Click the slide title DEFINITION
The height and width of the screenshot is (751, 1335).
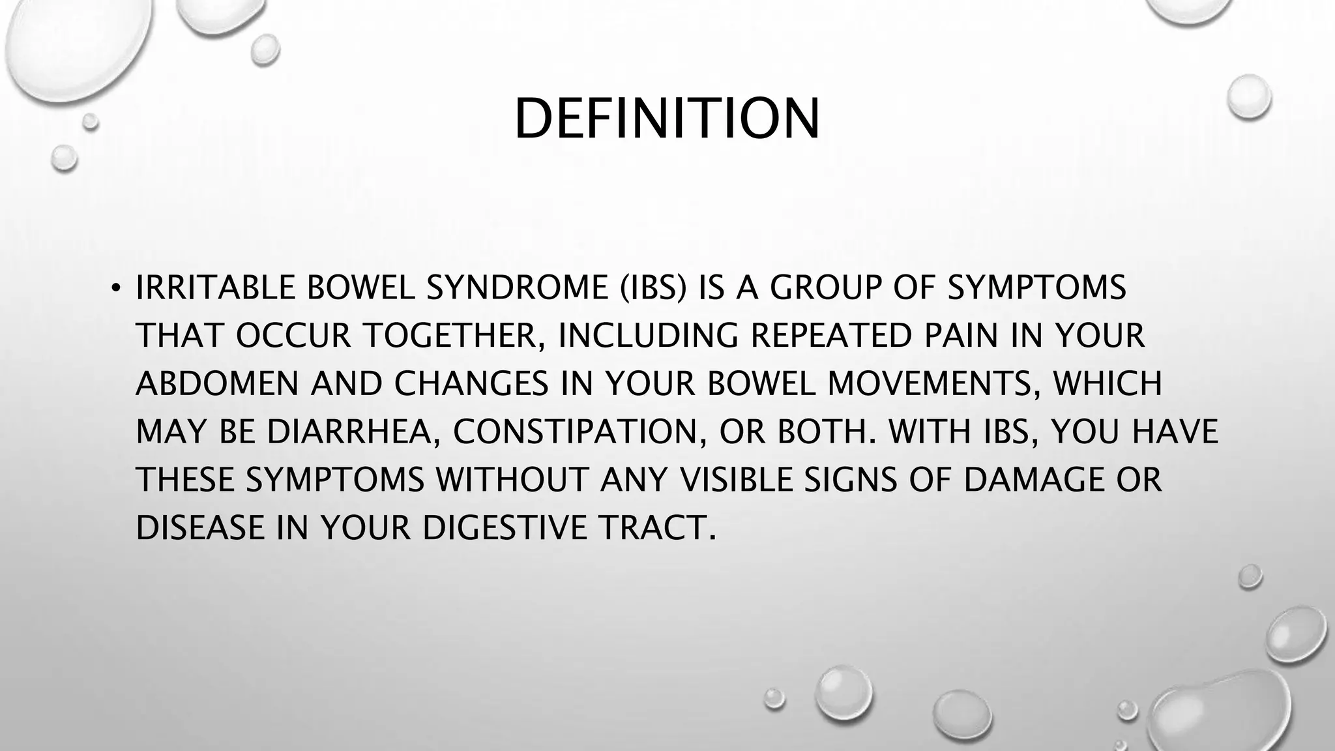point(667,119)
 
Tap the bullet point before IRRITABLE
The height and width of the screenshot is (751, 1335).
point(115,288)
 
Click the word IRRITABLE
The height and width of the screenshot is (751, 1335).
point(215,288)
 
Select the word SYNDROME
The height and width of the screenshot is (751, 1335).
point(518,288)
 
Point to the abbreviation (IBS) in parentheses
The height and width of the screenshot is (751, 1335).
point(652,288)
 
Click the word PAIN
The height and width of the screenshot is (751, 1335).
point(961,336)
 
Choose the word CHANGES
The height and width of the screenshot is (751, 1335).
point(471,384)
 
